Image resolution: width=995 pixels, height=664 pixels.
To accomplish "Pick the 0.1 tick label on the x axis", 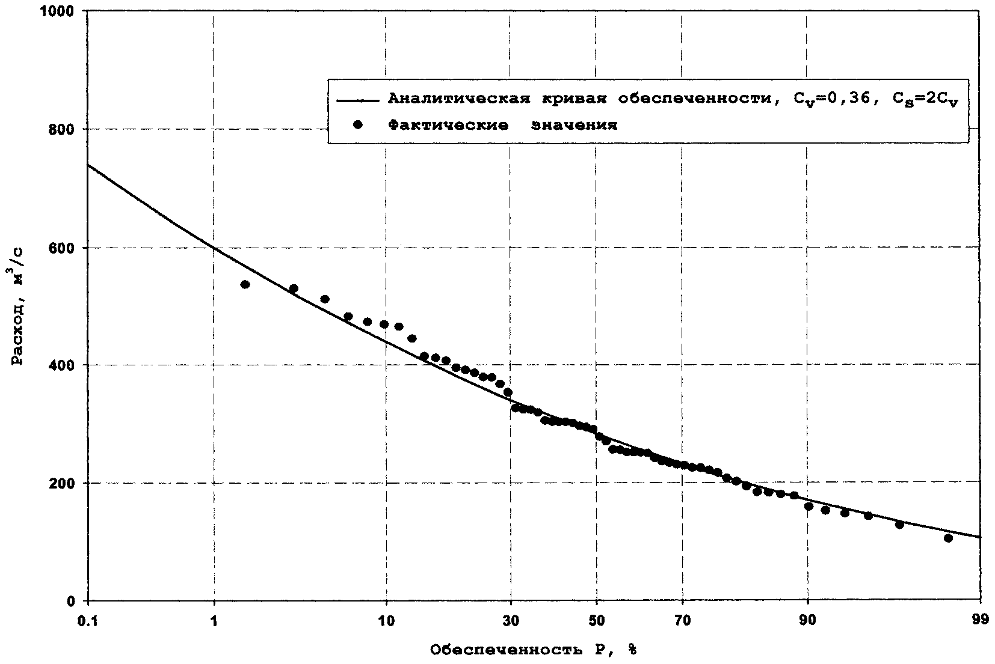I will [88, 621].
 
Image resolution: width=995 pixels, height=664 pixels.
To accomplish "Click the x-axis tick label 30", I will [511, 621].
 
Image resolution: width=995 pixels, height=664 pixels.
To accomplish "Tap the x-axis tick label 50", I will [596, 621].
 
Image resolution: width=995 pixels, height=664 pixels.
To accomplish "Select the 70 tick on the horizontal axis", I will [682, 621].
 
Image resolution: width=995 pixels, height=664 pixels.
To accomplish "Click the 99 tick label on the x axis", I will [981, 621].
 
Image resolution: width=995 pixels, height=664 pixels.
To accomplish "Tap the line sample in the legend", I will [358, 100].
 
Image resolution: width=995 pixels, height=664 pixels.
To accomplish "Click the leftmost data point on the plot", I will [245, 284].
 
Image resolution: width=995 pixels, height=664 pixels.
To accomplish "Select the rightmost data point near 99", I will [948, 538].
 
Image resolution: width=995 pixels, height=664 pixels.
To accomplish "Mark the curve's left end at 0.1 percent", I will [88, 165].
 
